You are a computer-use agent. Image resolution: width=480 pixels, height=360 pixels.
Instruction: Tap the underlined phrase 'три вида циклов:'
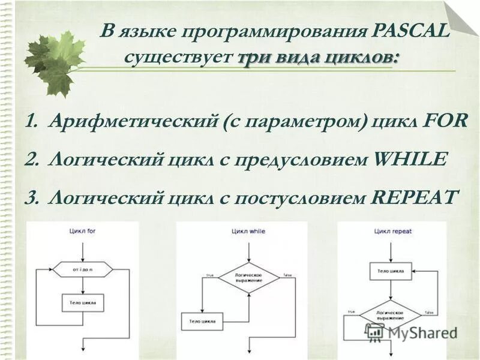click(317, 58)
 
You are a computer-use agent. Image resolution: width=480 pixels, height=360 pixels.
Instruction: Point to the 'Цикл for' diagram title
click(82, 231)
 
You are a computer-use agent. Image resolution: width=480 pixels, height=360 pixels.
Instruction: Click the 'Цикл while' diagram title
click(248, 231)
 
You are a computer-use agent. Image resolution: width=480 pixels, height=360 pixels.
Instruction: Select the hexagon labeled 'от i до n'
click(83, 270)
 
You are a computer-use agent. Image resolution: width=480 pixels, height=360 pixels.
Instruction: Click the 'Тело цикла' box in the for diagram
click(83, 303)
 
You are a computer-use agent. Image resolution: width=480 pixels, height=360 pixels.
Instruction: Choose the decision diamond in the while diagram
click(248, 277)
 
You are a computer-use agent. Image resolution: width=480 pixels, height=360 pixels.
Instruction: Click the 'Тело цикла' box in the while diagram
click(202, 322)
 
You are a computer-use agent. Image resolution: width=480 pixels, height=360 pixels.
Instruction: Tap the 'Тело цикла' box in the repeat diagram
click(390, 271)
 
